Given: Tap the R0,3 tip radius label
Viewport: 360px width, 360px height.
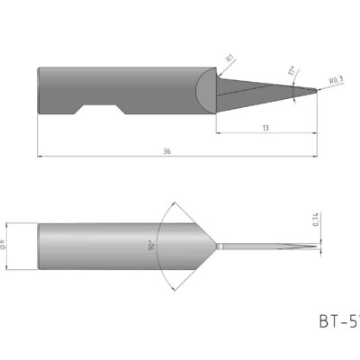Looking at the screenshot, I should click(x=336, y=81).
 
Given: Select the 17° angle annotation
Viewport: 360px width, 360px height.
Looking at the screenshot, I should click(x=292, y=70).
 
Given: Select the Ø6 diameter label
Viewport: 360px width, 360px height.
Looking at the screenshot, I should click(x=8, y=246).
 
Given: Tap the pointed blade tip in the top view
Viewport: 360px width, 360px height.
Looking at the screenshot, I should click(x=316, y=90).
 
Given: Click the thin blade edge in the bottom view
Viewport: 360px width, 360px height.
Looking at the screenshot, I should click(x=270, y=247).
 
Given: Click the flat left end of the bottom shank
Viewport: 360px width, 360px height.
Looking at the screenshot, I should click(x=38, y=246).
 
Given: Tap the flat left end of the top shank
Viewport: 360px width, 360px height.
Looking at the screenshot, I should click(x=38, y=90).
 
